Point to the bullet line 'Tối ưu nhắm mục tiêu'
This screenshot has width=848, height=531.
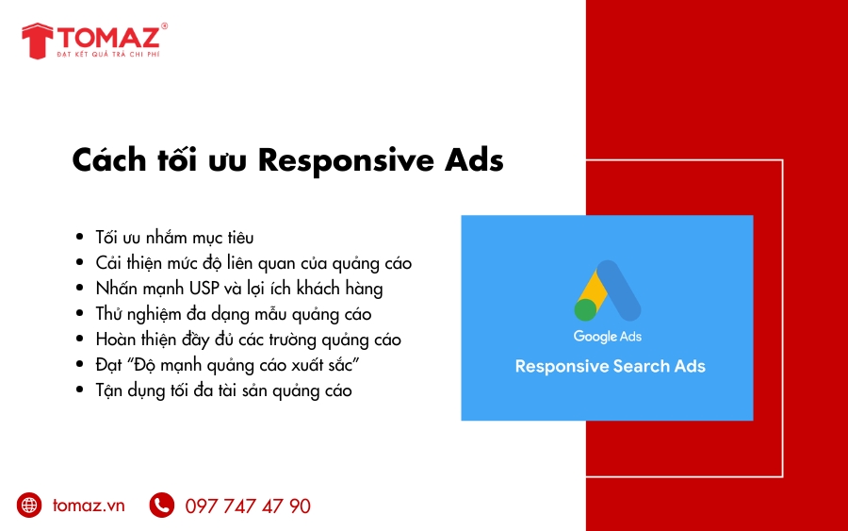point(174,237)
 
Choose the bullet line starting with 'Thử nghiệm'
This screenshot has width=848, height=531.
point(233,313)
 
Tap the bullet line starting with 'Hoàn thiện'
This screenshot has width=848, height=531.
point(248,339)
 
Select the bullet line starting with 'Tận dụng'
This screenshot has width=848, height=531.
point(223,390)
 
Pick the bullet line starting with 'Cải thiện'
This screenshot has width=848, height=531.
point(253,262)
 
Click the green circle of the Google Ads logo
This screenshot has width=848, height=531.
point(586,309)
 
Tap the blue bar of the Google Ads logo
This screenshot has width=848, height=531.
point(621,290)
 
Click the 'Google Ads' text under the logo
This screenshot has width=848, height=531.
point(607,337)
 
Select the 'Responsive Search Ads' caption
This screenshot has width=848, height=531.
point(610,366)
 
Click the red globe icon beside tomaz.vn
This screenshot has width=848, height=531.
point(30,506)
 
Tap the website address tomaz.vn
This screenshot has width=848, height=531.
point(89,506)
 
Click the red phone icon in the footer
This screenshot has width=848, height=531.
point(162,506)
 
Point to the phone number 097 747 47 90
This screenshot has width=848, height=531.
point(248,506)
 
